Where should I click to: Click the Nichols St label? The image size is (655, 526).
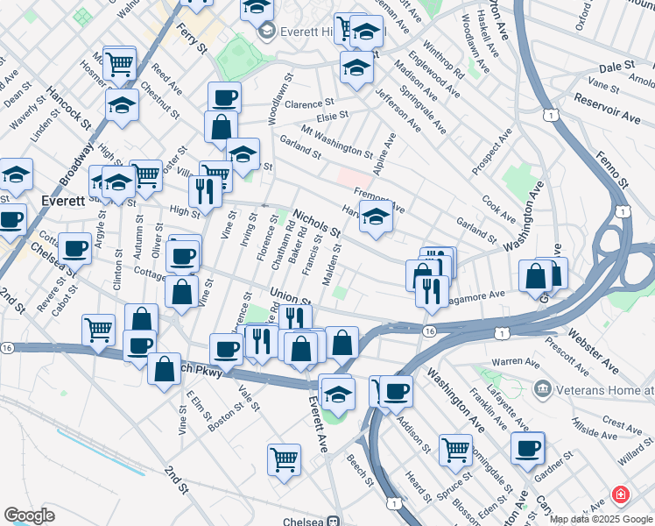point(316,223)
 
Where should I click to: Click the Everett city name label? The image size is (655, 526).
point(62,200)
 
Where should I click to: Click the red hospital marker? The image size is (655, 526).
point(621,495)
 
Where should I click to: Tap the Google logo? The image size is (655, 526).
point(29,515)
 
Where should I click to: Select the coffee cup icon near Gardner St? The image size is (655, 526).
point(528,448)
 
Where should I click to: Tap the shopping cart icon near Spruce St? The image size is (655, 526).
point(455,449)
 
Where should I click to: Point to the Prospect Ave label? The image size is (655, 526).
point(492,150)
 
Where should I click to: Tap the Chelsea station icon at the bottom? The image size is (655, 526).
point(334,521)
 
